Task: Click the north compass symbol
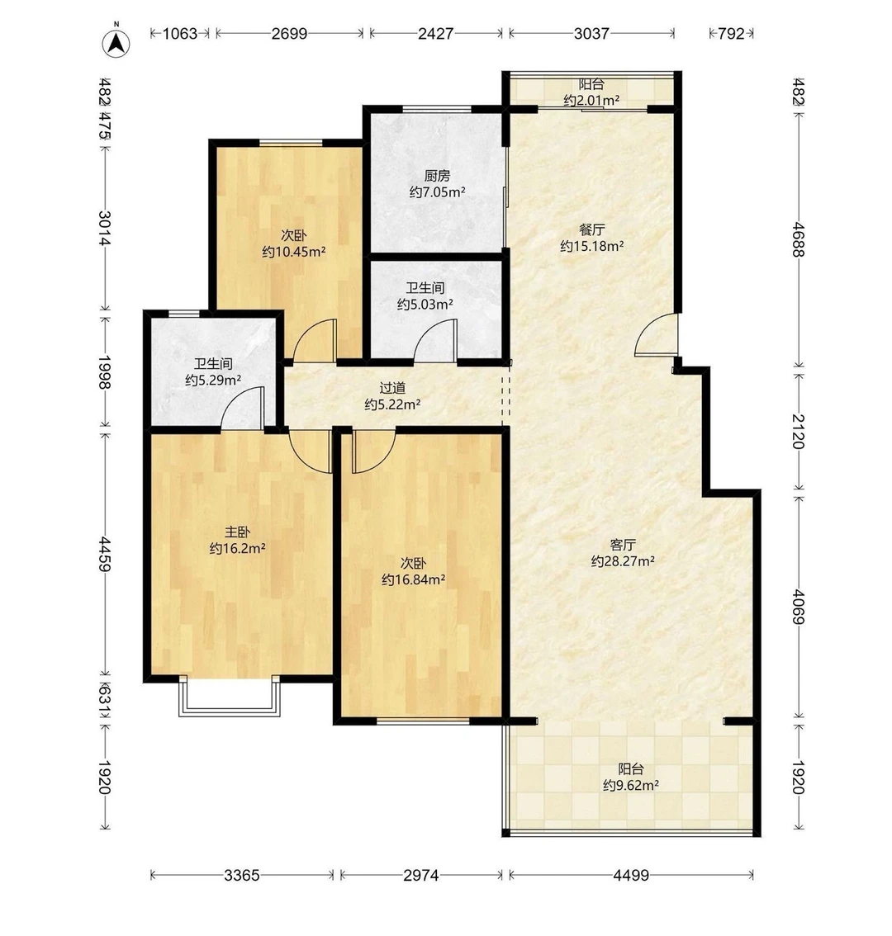(116, 42)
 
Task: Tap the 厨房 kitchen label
(438, 176)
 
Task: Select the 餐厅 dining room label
(592, 229)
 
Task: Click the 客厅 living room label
(623, 545)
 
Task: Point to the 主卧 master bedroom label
(237, 532)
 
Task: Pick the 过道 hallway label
(392, 388)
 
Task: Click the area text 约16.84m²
(414, 579)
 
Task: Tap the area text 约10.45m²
(294, 251)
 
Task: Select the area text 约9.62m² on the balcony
(631, 786)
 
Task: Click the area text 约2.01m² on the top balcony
(591, 101)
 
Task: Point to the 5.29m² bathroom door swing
(243, 409)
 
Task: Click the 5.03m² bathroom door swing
(435, 341)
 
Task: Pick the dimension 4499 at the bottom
(631, 875)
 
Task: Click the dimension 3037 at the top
(591, 33)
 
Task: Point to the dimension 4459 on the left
(105, 554)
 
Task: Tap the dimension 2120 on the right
(799, 431)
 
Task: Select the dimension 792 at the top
(731, 33)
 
